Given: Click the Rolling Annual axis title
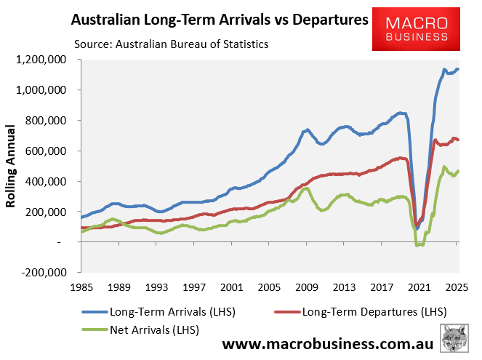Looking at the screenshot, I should coord(12,166).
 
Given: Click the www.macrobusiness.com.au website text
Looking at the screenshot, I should coord(326,344).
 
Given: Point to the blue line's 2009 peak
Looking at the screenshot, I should coord(308,130).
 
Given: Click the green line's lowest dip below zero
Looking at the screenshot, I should coord(417,245).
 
